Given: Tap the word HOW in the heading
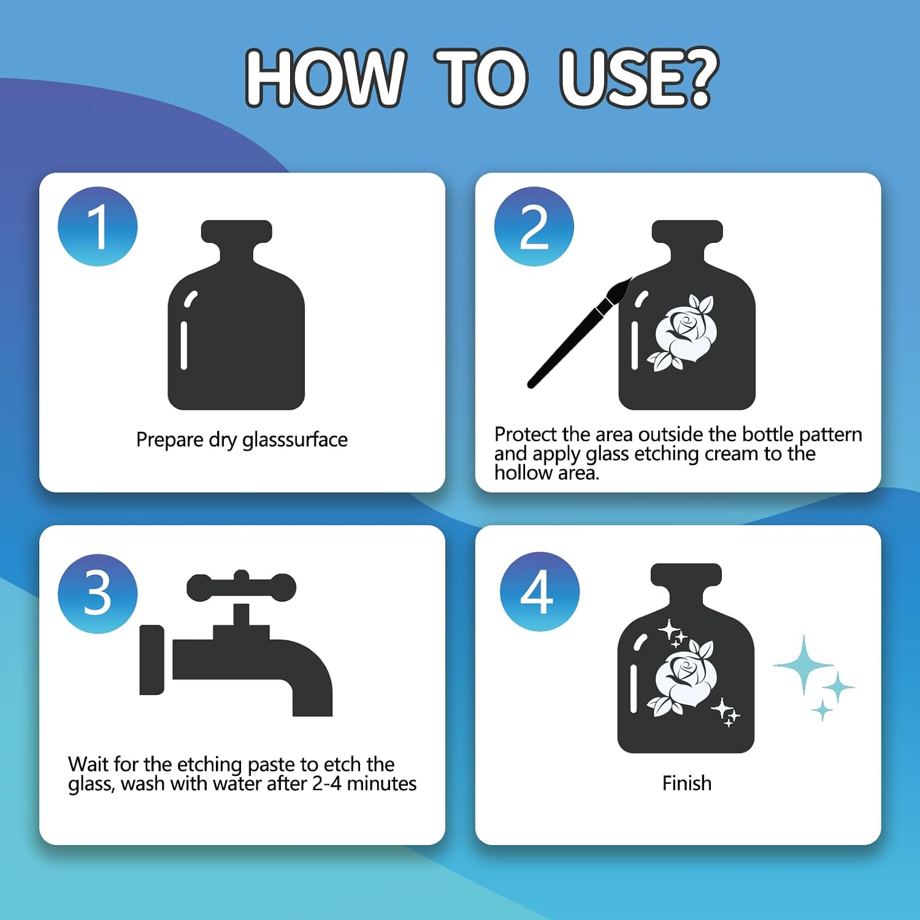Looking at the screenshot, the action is [x=325, y=78].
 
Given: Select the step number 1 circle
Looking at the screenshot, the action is [x=98, y=226].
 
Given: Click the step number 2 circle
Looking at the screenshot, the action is [x=534, y=226].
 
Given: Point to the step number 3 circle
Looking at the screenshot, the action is [x=98, y=594].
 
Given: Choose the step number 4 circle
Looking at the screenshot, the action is [x=540, y=592].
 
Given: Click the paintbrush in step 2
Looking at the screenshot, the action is [x=579, y=333].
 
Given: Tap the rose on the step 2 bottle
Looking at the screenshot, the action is [x=683, y=333].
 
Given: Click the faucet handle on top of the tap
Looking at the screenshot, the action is [x=241, y=587].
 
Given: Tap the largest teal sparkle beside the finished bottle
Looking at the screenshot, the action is [x=803, y=665].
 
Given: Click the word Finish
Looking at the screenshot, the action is [x=687, y=783].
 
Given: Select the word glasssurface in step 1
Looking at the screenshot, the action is [x=295, y=440].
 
